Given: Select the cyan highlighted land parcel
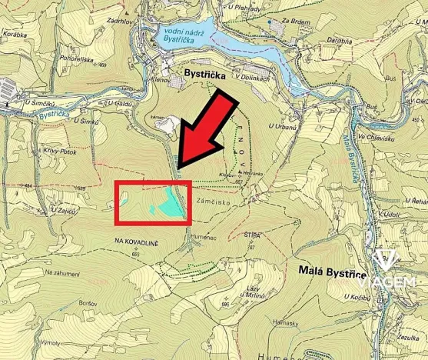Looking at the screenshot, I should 171,202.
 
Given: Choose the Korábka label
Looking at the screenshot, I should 15,35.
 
